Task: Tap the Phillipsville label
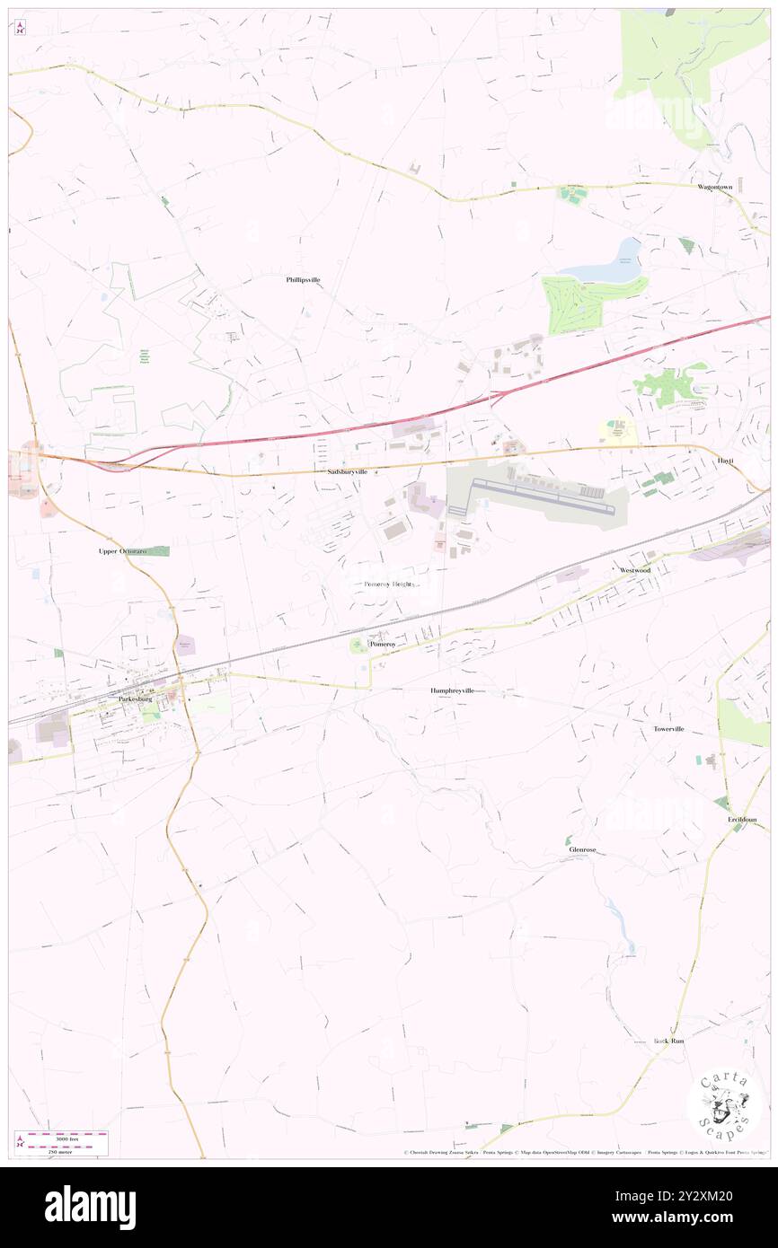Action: (303, 280)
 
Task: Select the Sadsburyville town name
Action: (346, 471)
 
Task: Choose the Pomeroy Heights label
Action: (389, 584)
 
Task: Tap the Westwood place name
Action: (634, 570)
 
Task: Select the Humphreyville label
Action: (451, 690)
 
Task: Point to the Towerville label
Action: (668, 729)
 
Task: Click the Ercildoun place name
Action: (742, 820)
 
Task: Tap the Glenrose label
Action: (582, 849)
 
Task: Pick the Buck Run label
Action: (668, 1041)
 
